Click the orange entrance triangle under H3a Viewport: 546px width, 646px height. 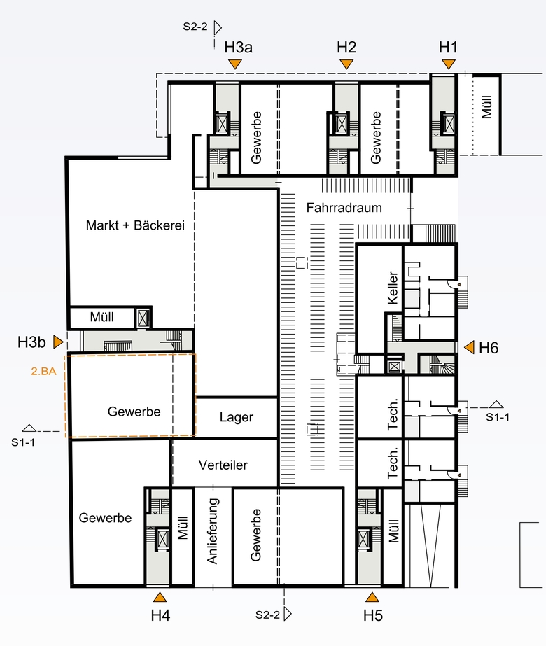click(235, 64)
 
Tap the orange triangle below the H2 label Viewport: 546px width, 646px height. click(346, 64)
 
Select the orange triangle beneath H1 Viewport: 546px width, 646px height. click(448, 64)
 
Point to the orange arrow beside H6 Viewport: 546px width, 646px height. click(470, 347)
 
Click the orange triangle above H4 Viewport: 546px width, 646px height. click(160, 597)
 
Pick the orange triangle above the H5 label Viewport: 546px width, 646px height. click(372, 597)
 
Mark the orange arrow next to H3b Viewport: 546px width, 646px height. click(59, 342)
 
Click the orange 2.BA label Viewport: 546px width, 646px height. click(43, 371)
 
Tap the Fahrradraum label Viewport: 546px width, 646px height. click(344, 208)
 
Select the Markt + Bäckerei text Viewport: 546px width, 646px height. click(135, 225)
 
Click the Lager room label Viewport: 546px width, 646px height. click(237, 417)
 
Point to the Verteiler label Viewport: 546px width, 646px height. click(223, 465)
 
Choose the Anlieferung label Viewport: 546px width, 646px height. click(212, 531)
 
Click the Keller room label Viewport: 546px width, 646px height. click(393, 288)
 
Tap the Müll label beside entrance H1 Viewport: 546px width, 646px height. click(486, 106)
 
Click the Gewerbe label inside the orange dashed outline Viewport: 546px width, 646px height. click(134, 412)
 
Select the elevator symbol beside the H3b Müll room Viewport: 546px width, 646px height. click(143, 318)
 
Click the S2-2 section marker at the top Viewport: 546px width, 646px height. click(202, 27)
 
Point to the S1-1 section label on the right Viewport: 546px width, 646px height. click(498, 417)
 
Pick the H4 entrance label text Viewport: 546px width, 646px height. click(161, 615)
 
